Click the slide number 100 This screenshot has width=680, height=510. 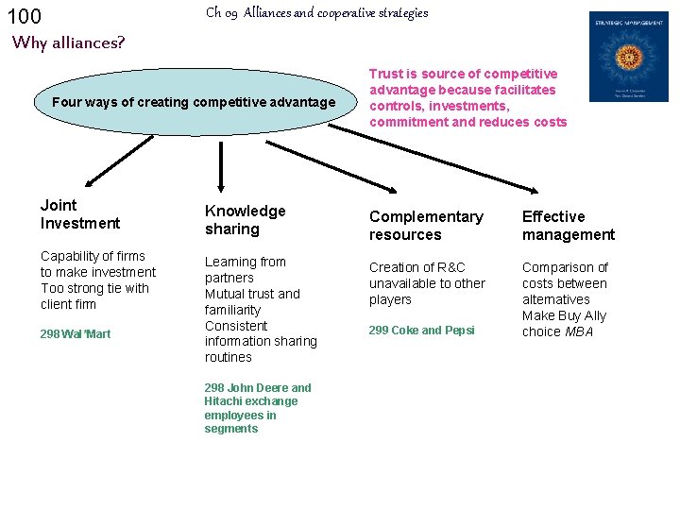click(x=24, y=16)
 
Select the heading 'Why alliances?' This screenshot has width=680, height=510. click(x=68, y=42)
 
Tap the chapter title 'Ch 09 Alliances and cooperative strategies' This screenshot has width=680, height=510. click(x=316, y=13)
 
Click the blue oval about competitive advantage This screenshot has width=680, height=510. click(x=194, y=102)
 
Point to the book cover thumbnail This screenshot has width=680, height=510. click(x=628, y=57)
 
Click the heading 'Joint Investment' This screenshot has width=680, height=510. click(x=80, y=214)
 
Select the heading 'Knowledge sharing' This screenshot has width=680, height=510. click(x=245, y=220)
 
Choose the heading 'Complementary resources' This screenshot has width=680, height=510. click(x=425, y=226)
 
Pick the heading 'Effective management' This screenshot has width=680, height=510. click(x=568, y=226)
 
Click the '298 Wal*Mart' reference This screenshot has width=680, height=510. click(x=76, y=334)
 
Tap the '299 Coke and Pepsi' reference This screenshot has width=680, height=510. click(x=421, y=331)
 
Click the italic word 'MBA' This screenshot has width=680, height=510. click(x=580, y=331)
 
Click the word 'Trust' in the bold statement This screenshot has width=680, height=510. click(x=385, y=74)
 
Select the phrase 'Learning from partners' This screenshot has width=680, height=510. click(x=245, y=269)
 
